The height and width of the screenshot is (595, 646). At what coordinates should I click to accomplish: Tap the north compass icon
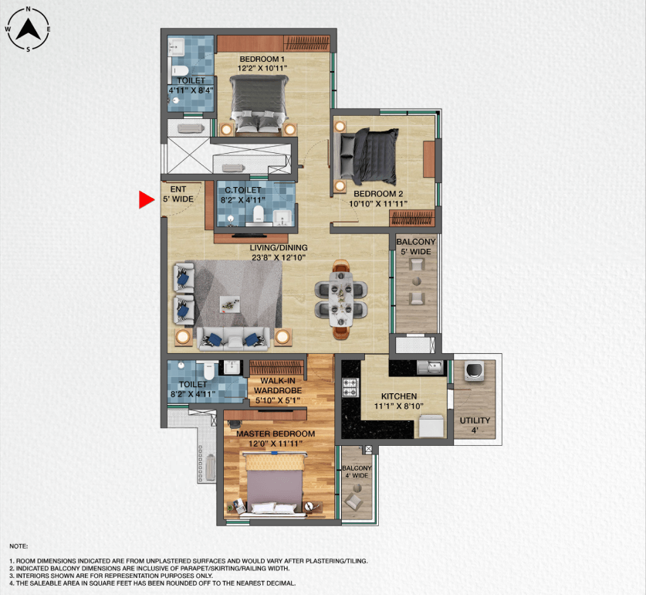click(x=29, y=30)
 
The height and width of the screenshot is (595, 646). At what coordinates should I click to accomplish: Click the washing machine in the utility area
click(x=474, y=372)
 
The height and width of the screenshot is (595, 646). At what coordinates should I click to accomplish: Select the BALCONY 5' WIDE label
click(x=416, y=246)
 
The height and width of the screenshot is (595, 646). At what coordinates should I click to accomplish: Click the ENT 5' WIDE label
click(x=178, y=194)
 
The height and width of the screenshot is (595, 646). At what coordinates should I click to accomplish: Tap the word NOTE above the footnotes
click(x=19, y=546)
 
